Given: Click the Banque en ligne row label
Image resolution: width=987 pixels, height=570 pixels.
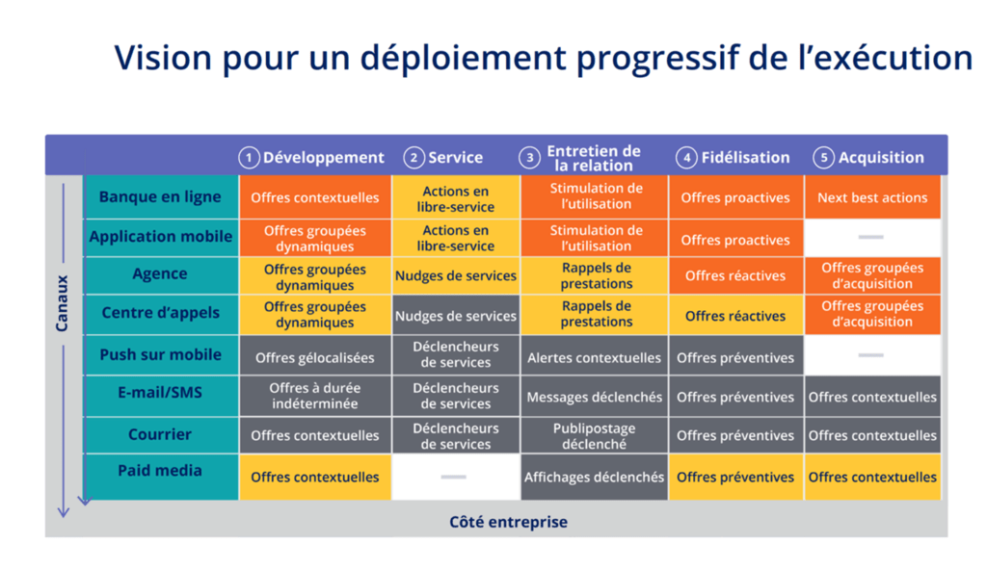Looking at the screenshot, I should tap(160, 197).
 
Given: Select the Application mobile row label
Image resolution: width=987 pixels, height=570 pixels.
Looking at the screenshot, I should tap(160, 237).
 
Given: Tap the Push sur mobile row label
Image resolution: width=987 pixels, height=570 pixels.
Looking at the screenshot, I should tap(160, 355).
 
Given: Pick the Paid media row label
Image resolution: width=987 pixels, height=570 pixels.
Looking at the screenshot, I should tap(160, 471).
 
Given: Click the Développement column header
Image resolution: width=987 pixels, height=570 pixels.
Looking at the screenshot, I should tap(323, 158).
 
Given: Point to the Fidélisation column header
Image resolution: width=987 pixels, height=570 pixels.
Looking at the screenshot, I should tap(745, 158).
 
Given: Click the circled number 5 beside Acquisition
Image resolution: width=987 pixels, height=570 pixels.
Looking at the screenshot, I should tap(823, 158).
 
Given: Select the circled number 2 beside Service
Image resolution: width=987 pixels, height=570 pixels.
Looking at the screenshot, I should tap(413, 158).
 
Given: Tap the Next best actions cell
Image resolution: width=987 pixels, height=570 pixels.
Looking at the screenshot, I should tap(872, 197).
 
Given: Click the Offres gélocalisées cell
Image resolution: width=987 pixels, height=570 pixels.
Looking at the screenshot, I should tap(315, 358).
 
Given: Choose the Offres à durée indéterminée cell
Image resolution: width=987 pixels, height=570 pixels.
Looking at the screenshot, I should tap(315, 397).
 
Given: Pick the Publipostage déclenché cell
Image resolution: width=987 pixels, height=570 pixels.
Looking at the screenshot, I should tap(594, 436).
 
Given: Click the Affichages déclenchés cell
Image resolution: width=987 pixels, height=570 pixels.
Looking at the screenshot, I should tap(594, 477).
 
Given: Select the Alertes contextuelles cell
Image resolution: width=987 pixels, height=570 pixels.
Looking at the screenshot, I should tap(594, 358).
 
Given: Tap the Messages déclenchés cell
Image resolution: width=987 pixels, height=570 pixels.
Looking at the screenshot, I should tap(594, 397).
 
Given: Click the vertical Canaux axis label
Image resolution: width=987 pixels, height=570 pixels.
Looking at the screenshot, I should tap(63, 304).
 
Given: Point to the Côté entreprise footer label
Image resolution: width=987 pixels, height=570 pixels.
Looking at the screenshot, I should tap(508, 523).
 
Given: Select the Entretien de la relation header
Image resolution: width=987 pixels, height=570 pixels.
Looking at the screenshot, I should tap(593, 158).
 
